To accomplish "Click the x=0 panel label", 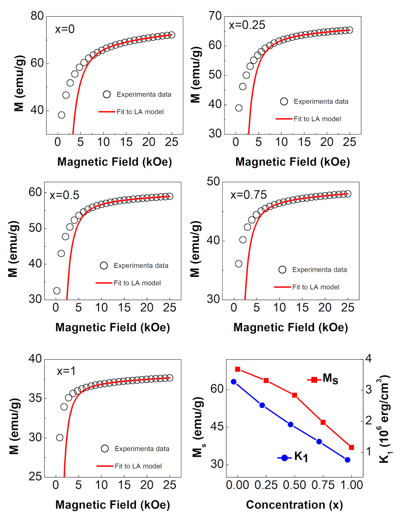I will tap(65, 29).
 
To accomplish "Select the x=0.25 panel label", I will tap(247, 25).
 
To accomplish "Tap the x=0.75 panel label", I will tap(248, 195).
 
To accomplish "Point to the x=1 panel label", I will tap(66, 371).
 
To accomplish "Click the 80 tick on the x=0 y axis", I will tap(37, 16).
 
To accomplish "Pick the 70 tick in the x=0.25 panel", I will tap(215, 16).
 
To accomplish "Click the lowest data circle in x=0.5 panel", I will tap(57, 291).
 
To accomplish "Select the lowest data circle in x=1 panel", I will tap(60, 437).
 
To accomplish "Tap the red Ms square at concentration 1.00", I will tap(351, 447).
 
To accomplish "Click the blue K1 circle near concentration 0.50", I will tap(291, 424).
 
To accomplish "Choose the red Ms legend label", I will tap(330, 378).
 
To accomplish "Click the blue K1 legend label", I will tap(301, 457).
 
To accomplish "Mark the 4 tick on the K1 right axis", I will tap(369, 358).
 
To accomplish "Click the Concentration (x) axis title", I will tap(294, 505).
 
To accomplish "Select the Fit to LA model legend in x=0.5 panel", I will tap(137, 283).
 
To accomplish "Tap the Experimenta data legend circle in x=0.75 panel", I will tap(282, 270).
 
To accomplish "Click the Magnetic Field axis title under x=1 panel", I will tap(112, 505).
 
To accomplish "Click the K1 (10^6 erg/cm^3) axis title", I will tap(385, 419).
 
